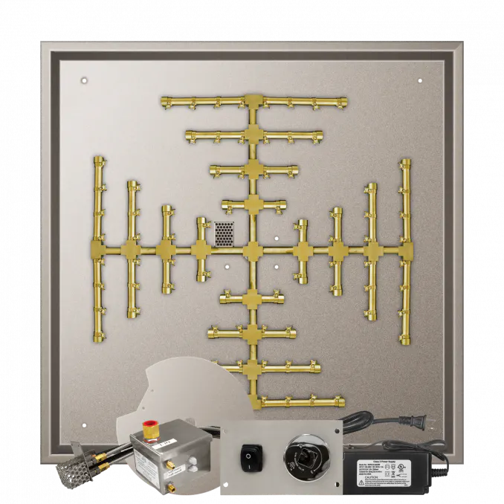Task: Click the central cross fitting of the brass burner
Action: [x=253, y=251]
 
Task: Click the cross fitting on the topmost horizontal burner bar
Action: [x=253, y=102]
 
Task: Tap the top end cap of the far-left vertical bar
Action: [x=98, y=161]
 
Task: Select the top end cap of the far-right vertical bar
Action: [x=405, y=162]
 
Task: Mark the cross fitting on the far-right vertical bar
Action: [x=405, y=251]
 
